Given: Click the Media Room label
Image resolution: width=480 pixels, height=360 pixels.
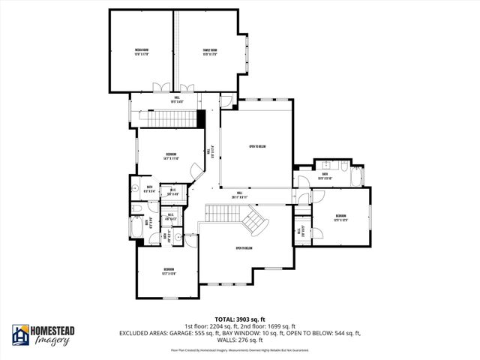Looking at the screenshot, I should [x=142, y=52].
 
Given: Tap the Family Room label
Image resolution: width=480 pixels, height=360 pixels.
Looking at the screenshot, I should [x=209, y=52].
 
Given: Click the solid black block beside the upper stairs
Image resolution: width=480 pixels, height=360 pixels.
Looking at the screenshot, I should [x=201, y=118].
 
